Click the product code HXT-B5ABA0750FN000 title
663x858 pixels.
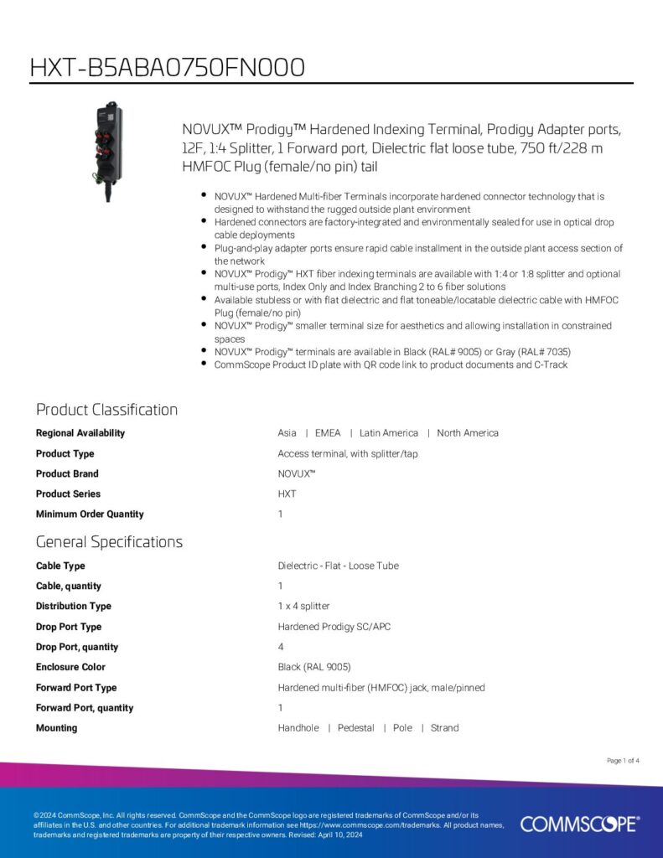pyautogui.click(x=167, y=67)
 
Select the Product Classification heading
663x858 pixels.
pyautogui.click(x=106, y=410)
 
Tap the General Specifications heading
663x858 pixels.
pyautogui.click(x=109, y=542)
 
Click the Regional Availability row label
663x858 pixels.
pyautogui.click(x=80, y=433)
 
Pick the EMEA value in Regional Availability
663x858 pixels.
pyautogui.click(x=328, y=433)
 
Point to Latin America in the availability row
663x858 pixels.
pyautogui.click(x=388, y=433)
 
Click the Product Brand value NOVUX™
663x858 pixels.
pyautogui.click(x=297, y=473)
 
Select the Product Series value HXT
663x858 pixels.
pyautogui.click(x=287, y=494)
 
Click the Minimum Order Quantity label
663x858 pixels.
pyautogui.click(x=90, y=514)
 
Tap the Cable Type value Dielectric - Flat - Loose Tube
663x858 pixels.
pyautogui.click(x=338, y=566)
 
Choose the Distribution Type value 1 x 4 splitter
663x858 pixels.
pyautogui.click(x=303, y=606)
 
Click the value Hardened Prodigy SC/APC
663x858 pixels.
pyautogui.click(x=334, y=627)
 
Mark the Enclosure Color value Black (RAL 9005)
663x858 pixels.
pyautogui.click(x=314, y=667)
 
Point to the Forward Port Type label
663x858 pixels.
pyautogui.click(x=76, y=688)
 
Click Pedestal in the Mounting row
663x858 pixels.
pyautogui.click(x=355, y=728)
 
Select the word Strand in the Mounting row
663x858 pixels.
pyautogui.click(x=444, y=728)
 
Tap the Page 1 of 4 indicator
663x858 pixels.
pyautogui.click(x=623, y=761)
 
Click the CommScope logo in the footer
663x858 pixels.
pyautogui.click(x=579, y=824)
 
